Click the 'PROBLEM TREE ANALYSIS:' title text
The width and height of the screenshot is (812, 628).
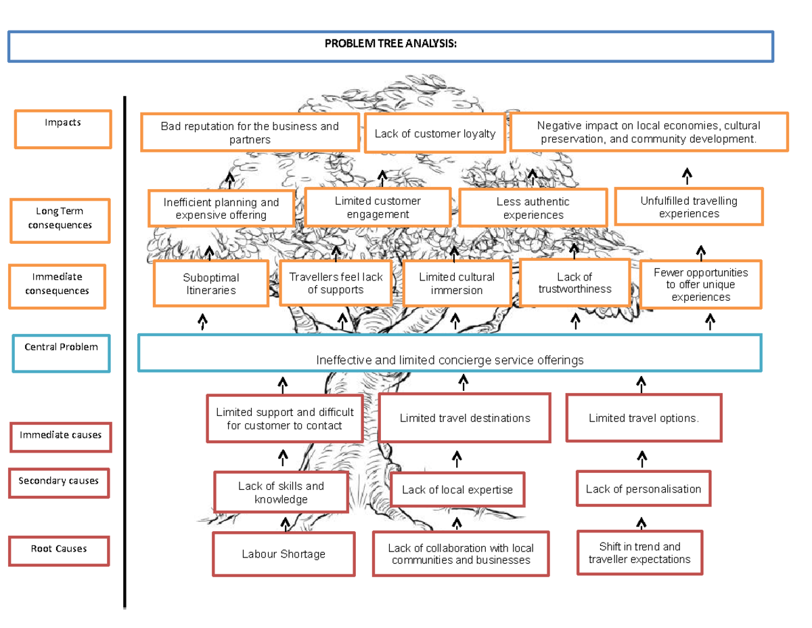[x=390, y=44]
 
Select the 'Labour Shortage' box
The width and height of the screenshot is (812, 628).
[x=284, y=554]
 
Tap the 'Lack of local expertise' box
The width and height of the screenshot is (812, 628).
[x=457, y=490]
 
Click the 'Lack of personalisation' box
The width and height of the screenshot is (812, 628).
[x=643, y=489]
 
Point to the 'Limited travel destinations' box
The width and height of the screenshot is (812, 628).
[x=465, y=418]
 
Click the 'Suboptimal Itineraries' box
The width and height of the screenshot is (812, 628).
[x=210, y=284]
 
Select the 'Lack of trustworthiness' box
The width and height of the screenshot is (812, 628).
[x=574, y=283]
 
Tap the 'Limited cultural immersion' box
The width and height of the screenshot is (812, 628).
[x=457, y=284]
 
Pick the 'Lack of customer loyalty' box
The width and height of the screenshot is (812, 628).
[x=435, y=133]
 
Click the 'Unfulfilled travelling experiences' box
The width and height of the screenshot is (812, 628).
[x=689, y=207]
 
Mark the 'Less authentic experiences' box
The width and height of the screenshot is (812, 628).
[x=533, y=208]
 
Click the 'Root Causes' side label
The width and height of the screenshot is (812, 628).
[x=59, y=549]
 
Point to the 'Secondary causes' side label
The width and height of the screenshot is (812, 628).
[x=59, y=482]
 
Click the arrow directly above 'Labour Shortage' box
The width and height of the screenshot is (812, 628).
[x=285, y=524]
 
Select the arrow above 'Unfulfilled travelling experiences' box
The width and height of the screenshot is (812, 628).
[x=687, y=176]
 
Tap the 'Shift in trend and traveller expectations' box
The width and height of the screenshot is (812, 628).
[x=639, y=553]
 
